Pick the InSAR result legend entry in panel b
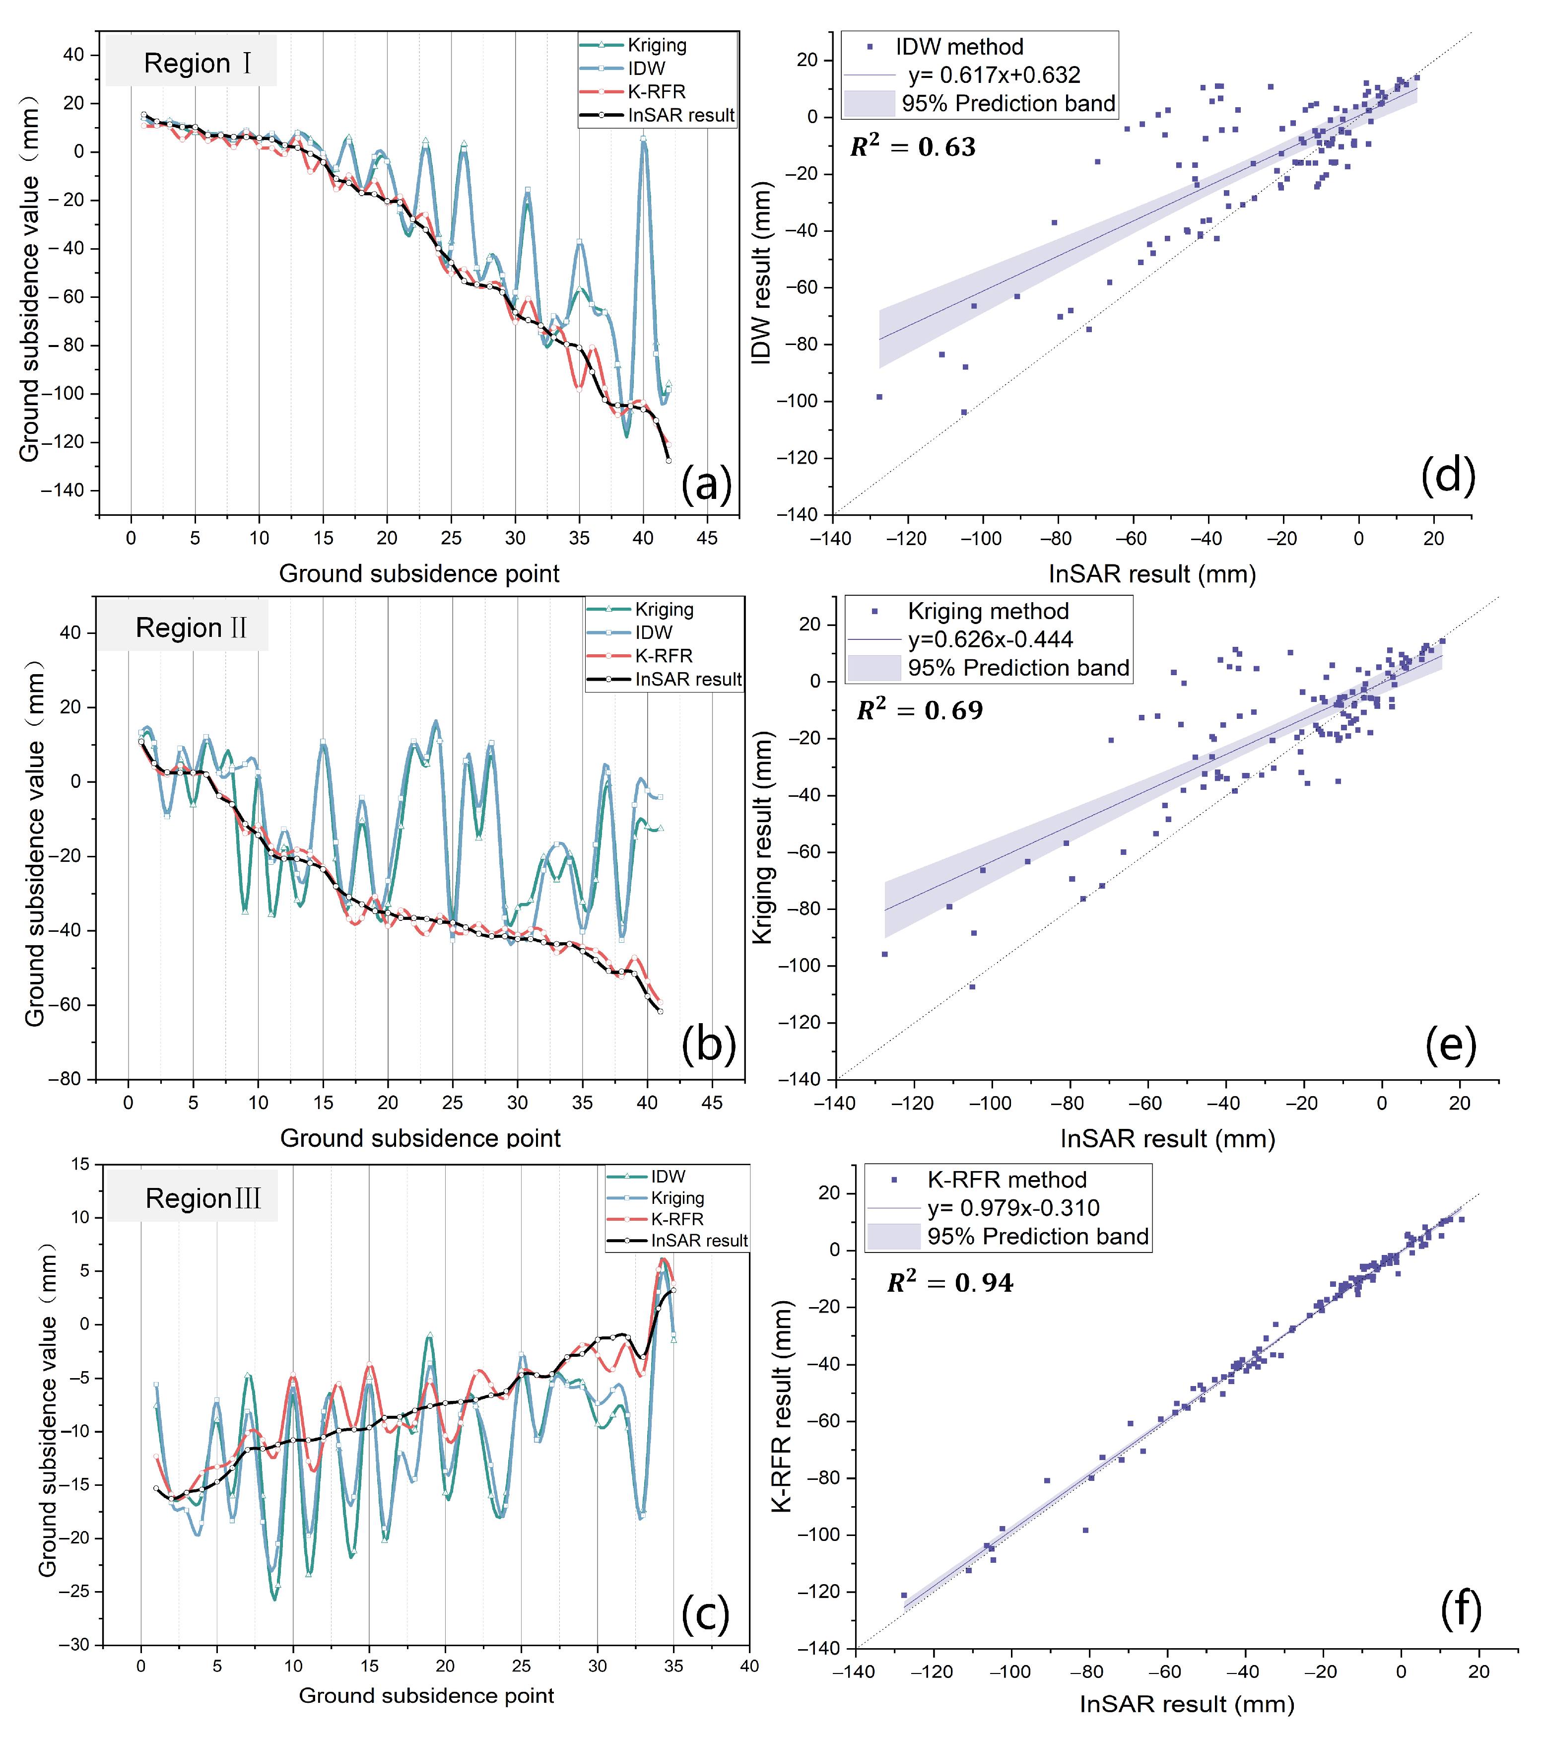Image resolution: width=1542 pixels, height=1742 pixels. coord(687,679)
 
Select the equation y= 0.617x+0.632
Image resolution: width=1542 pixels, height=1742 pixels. coord(994,75)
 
